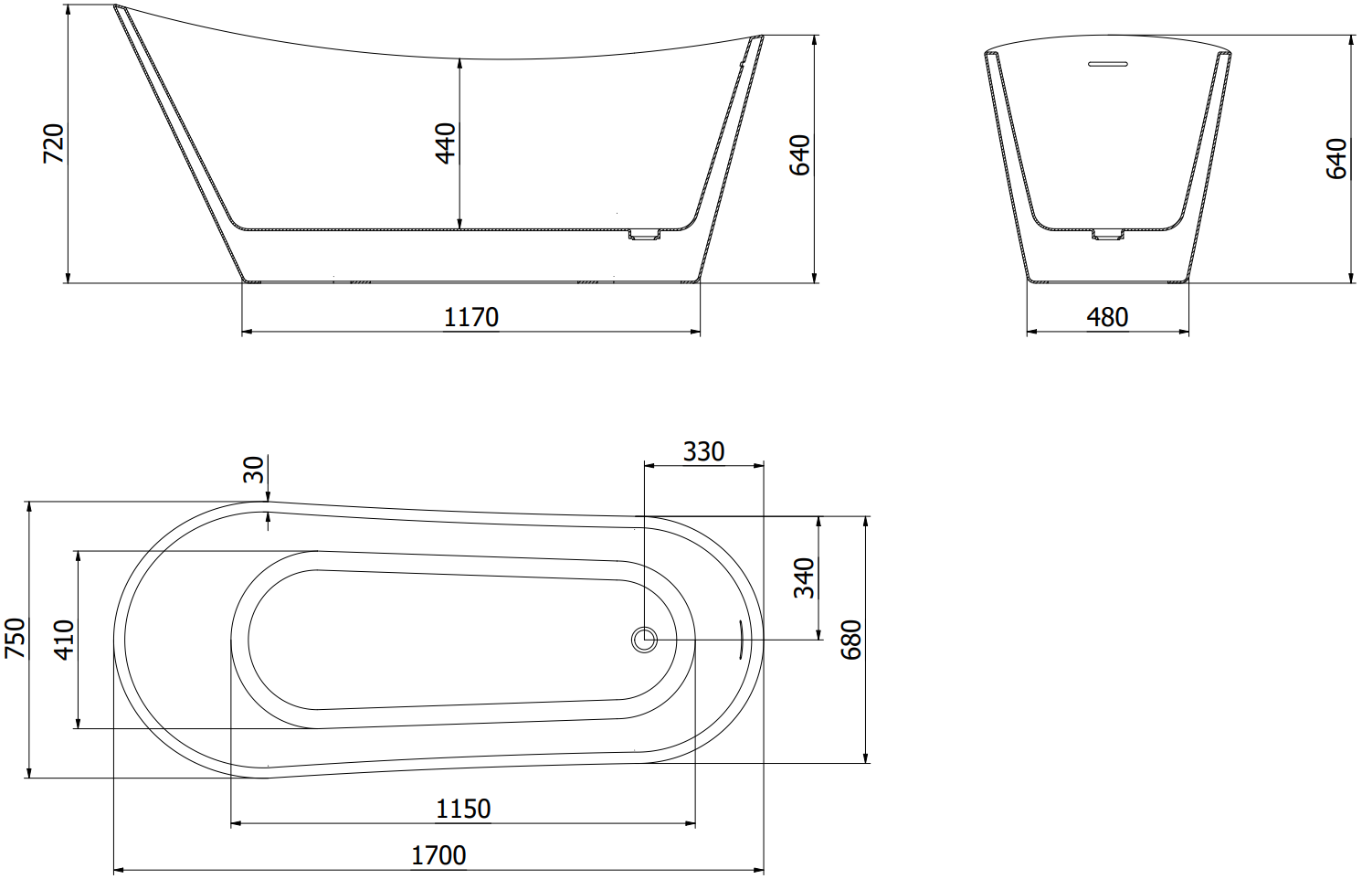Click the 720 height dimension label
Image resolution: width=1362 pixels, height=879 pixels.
tap(54, 143)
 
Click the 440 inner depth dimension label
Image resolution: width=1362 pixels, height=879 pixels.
tap(446, 143)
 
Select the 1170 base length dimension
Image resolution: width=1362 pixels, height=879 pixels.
tap(471, 318)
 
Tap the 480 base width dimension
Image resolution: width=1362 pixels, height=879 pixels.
tap(1107, 318)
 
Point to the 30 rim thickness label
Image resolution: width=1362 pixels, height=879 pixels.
tap(254, 470)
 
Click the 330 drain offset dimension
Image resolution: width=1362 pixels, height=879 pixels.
tap(704, 452)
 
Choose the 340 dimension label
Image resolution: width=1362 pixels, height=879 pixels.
tap(804, 577)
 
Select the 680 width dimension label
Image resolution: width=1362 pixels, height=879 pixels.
tap(851, 640)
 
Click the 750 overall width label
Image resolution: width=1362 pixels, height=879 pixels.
tap(15, 638)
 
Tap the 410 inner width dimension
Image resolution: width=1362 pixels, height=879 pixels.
tap(64, 640)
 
